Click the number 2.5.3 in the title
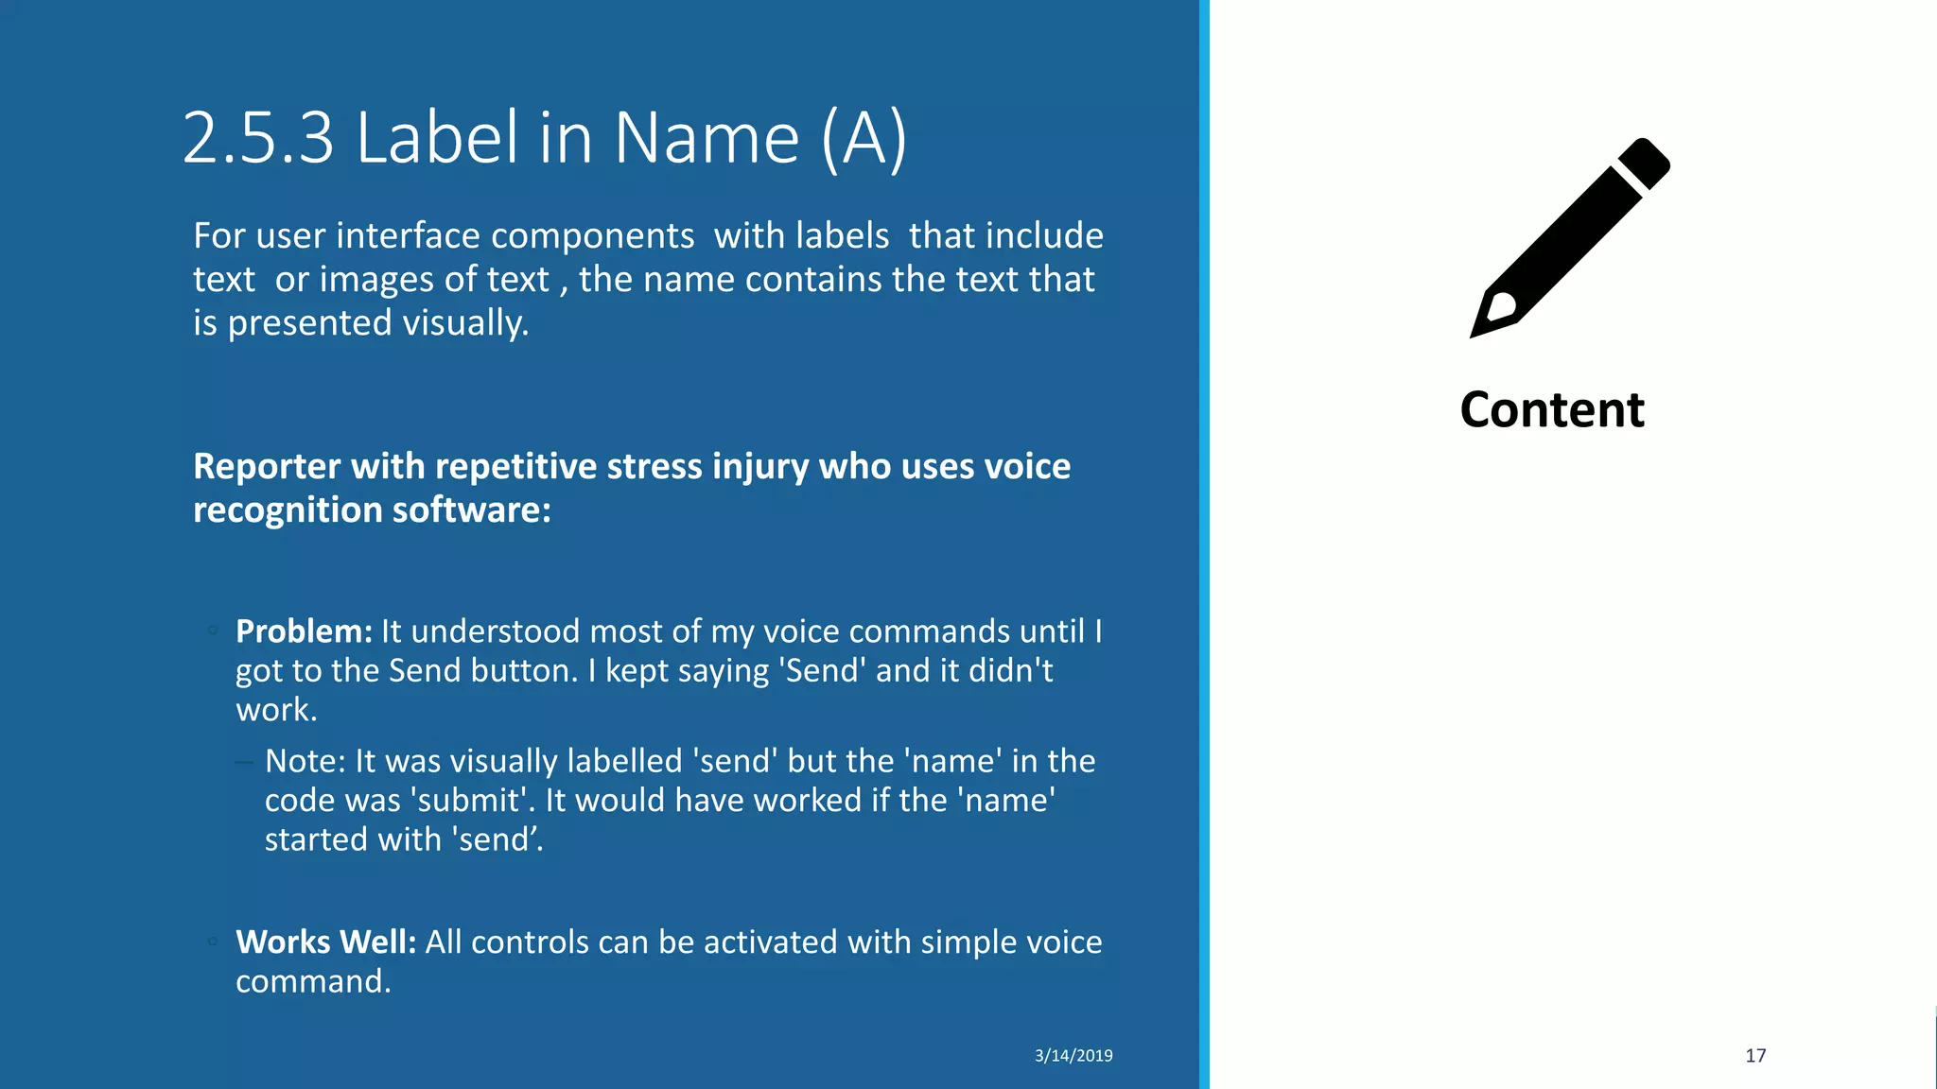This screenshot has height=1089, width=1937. (258, 138)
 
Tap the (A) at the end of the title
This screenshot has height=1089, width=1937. (864, 138)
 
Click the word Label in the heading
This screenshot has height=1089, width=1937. (438, 138)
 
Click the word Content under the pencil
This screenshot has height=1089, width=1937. (1552, 410)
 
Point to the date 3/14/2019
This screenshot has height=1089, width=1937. (1073, 1056)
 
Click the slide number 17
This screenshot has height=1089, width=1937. (1755, 1056)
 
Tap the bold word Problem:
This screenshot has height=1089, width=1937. (304, 631)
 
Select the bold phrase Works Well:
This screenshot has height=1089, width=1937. (325, 942)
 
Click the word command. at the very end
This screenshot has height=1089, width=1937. (313, 981)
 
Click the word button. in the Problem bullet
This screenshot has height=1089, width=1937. (524, 671)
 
